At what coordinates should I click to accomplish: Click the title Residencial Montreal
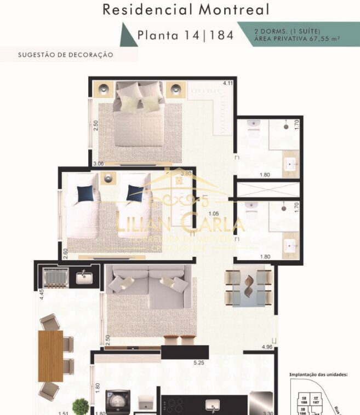pos(186,9)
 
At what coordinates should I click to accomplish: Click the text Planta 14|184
pos(186,36)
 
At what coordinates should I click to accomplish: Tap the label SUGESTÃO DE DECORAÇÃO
pos(65,55)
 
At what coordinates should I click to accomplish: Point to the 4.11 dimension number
pos(227,83)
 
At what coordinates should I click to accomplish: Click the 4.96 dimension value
pos(267,348)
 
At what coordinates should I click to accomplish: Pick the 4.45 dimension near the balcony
pos(41,299)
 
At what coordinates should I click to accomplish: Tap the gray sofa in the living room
pos(148,287)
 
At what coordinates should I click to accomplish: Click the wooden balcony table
pos(50,355)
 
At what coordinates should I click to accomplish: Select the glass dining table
pos(249,288)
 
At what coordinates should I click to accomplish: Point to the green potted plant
pos(81,406)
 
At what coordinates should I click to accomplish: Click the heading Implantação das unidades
pos(318,375)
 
